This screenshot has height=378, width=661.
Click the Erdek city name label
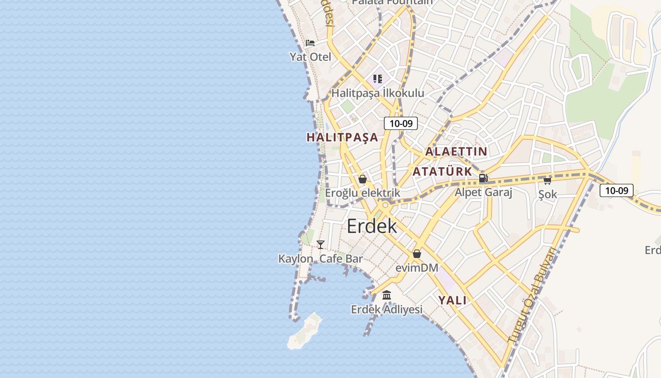372,226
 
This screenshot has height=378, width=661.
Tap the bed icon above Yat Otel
310,43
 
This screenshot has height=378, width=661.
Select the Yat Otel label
310,57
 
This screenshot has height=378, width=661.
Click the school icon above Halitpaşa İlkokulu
378,78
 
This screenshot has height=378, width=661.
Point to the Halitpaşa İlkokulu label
378,93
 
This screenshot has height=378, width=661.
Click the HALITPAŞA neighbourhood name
342,137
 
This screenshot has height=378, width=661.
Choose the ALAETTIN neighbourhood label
456,152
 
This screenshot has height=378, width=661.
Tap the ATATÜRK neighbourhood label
442,172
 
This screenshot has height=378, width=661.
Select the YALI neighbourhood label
452,301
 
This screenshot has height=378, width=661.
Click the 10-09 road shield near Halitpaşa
401,123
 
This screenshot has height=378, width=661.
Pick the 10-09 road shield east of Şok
617,190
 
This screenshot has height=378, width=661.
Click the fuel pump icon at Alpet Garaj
483,179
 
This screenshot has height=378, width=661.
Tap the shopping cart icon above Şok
548,180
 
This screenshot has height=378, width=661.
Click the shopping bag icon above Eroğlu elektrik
363,179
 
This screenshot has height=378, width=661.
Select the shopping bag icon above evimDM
417,254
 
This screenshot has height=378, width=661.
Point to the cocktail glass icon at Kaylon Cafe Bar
321,244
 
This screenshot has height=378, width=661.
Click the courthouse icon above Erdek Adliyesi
387,295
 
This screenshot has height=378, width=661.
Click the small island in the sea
305,332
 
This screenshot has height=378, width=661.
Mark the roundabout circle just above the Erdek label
386,205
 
